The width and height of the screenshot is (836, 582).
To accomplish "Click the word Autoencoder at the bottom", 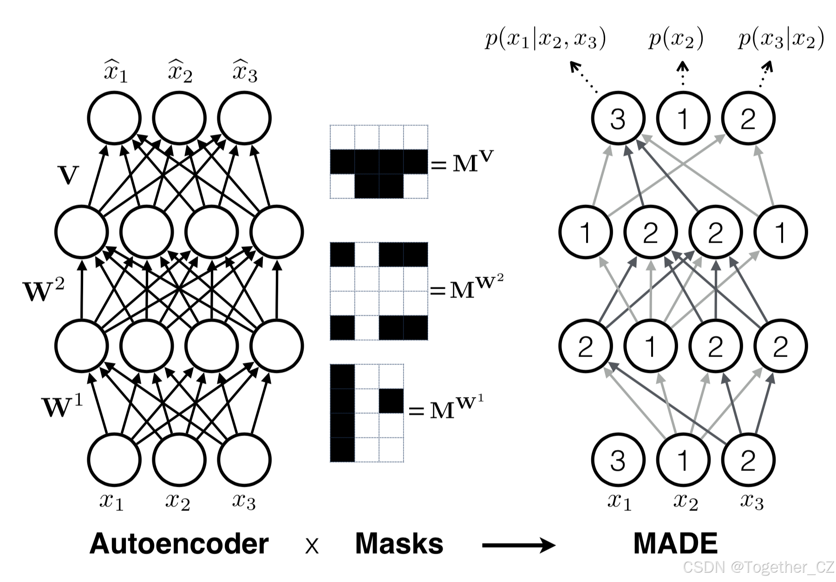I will pos(179,543).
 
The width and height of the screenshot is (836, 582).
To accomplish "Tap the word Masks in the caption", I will pos(399,543).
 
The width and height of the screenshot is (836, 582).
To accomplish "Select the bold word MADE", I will pos(675,543).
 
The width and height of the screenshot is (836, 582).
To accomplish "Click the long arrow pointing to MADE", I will pos(518,545).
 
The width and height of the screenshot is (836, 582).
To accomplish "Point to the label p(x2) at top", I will pos(676,39).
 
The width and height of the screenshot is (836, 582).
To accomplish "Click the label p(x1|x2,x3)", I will pos(545,39).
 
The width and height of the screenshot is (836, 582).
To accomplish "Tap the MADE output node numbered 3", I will pos(618,119).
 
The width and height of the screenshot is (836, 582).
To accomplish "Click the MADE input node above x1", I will pos(618,460).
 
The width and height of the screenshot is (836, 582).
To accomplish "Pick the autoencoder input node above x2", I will pos(179,460).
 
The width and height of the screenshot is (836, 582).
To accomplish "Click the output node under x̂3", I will pos(244,119).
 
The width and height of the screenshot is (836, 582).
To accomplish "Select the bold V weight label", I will pos(68,176).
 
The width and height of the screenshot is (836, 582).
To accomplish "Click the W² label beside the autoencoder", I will pos(43,290).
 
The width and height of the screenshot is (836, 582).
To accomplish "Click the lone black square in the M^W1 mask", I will pos(391,401).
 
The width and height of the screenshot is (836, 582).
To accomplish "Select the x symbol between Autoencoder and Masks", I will pos(312,547).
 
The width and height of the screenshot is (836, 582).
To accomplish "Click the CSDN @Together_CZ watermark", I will pos(759,567).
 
